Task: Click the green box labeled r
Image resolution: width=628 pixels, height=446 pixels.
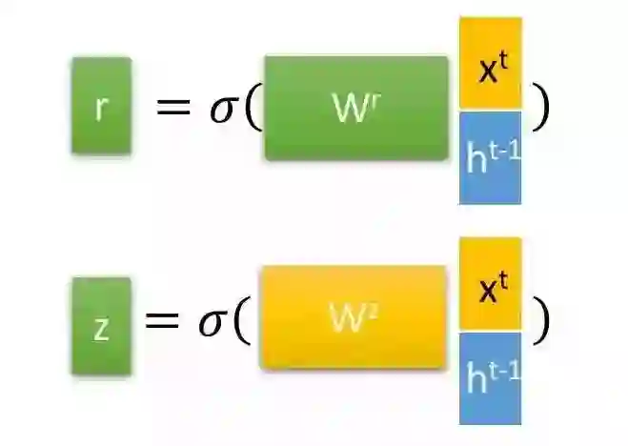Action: [101, 106]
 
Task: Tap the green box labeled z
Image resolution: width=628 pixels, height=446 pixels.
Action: [101, 325]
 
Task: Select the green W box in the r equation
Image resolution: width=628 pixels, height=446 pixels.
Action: [356, 108]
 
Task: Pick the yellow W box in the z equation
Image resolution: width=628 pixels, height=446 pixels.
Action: [353, 318]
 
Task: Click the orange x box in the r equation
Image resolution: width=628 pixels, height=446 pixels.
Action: [490, 63]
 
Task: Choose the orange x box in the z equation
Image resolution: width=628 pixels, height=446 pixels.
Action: [490, 284]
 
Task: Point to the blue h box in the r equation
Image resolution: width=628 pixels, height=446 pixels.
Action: [490, 157]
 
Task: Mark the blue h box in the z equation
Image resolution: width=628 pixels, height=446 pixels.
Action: [490, 378]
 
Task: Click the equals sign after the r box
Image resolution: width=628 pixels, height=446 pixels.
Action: [173, 107]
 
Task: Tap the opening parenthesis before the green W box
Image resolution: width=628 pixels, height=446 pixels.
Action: [253, 109]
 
